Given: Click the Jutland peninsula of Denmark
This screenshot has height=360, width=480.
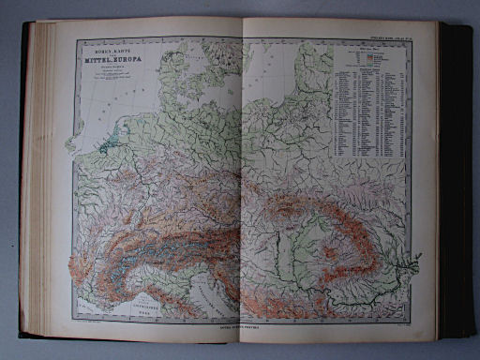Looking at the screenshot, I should coord(177,66).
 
